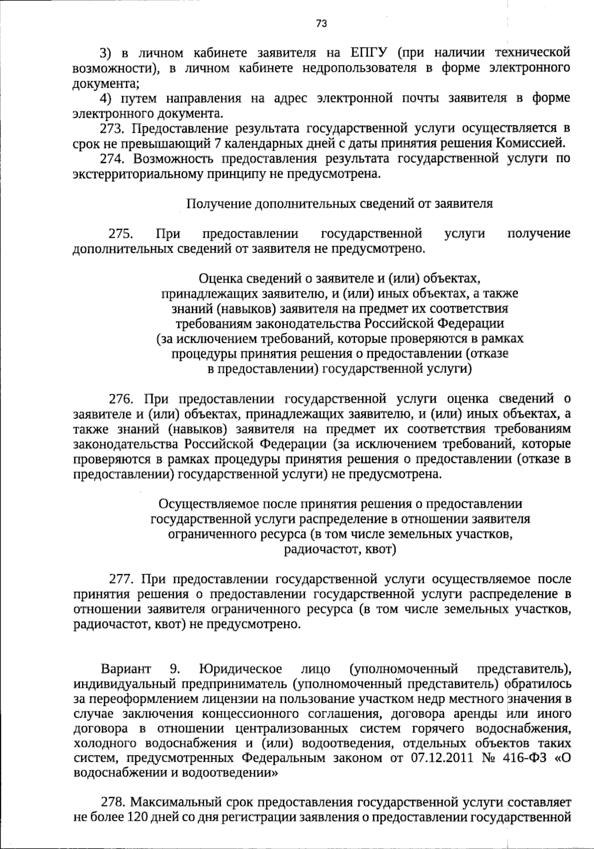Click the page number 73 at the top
pos(321,23)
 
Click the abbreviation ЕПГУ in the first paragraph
pos(368,53)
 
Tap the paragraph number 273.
pos(112,129)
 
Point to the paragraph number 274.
pos(112,159)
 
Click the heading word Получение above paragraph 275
pos(217,204)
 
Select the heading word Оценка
pos(220,278)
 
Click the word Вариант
pos(126,669)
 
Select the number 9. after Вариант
pos(175,669)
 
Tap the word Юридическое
pos(241,669)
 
